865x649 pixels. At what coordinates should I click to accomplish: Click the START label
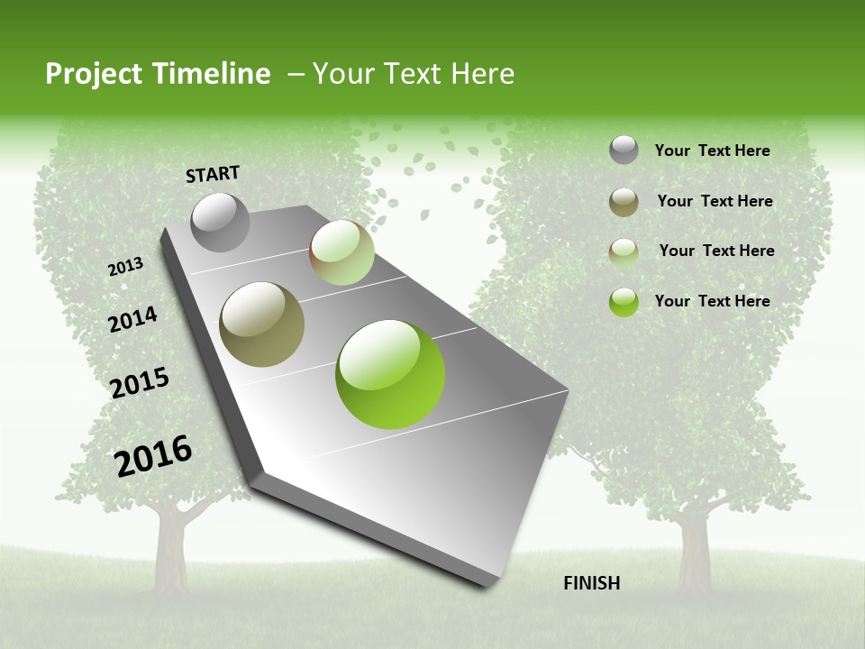point(213,174)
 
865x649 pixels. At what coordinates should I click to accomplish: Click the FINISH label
point(592,583)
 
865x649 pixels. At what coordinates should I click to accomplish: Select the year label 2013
point(126,267)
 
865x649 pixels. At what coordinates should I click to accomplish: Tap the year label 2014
point(133,319)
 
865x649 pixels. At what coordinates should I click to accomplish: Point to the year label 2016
point(154,455)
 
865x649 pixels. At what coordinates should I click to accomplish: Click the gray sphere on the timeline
point(221,222)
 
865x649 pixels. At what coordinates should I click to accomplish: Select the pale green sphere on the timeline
point(341,252)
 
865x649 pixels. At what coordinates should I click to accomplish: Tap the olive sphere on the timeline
point(262,324)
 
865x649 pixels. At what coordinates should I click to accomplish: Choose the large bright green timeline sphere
point(390,374)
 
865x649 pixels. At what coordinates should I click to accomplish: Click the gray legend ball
point(624,151)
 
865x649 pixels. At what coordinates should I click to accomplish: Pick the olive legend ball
point(624,202)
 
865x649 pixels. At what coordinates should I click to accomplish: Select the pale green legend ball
point(624,251)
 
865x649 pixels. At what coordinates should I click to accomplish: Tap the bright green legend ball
point(624,302)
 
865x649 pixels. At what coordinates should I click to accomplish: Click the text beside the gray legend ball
point(712,151)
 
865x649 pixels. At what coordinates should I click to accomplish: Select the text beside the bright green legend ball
point(712,301)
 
